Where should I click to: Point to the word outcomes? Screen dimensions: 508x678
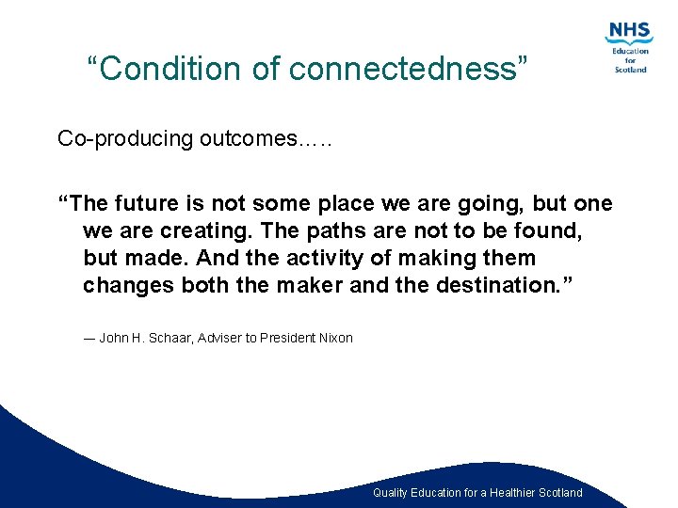tap(247, 139)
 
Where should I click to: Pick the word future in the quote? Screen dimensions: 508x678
tap(153, 204)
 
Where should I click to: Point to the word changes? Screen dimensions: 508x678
tap(121, 286)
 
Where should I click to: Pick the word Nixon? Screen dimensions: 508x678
tap(334, 339)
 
